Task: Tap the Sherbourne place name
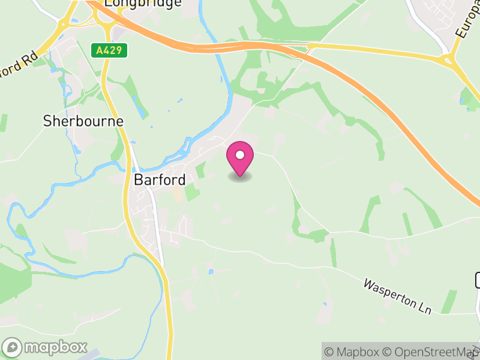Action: click(83, 121)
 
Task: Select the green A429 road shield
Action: click(110, 50)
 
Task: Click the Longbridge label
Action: click(143, 4)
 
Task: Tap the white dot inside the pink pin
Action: click(240, 155)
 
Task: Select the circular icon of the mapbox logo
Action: click(13, 347)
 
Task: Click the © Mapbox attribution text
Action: click(353, 352)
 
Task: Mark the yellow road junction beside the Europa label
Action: click(448, 59)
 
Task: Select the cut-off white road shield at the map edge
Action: click(478, 280)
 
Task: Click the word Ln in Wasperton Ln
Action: click(424, 306)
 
